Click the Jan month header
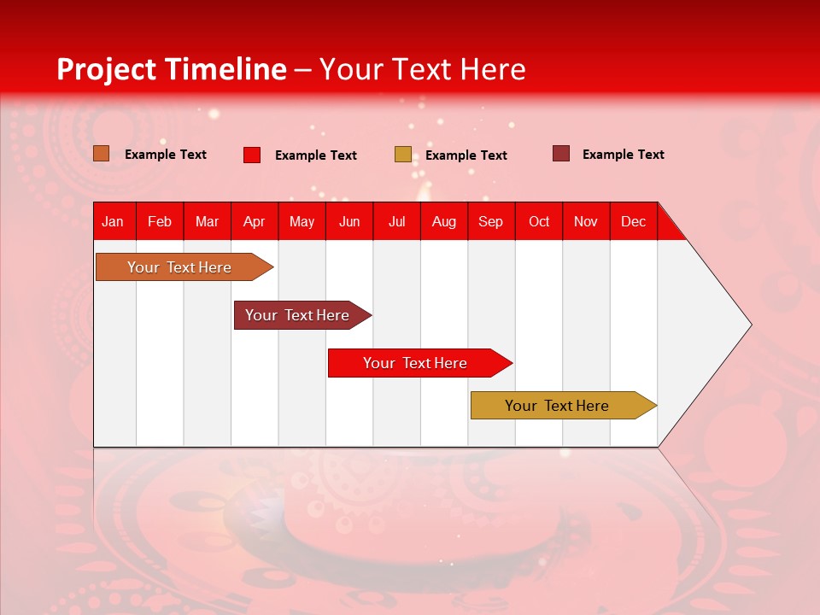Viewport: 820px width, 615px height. [x=114, y=221]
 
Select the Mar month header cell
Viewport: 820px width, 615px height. [x=207, y=221]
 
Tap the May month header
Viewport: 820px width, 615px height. [x=302, y=221]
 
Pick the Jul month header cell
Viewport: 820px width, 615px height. [x=396, y=221]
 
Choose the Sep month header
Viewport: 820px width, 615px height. [x=490, y=221]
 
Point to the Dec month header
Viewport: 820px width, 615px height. [x=633, y=221]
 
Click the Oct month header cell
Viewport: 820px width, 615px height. [x=538, y=221]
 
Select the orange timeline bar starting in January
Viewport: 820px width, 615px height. [x=179, y=267]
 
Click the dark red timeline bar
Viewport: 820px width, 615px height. [x=297, y=315]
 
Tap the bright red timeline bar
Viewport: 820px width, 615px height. [x=415, y=363]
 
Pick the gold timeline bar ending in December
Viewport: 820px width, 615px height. [x=557, y=406]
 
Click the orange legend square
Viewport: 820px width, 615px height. [x=102, y=154]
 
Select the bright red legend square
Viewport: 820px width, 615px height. [x=252, y=155]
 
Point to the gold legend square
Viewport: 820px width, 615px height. [x=402, y=155]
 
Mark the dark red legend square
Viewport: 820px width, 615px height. [x=560, y=154]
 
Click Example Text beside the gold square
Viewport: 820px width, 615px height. [x=466, y=155]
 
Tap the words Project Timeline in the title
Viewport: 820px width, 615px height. [x=171, y=69]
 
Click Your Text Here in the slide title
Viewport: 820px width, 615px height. [x=422, y=69]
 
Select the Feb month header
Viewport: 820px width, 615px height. [x=160, y=221]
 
